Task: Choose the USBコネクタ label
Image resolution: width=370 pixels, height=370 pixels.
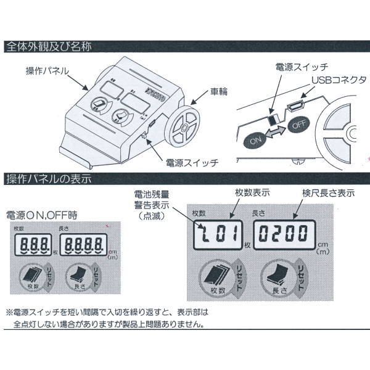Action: pyautogui.click(x=339, y=80)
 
